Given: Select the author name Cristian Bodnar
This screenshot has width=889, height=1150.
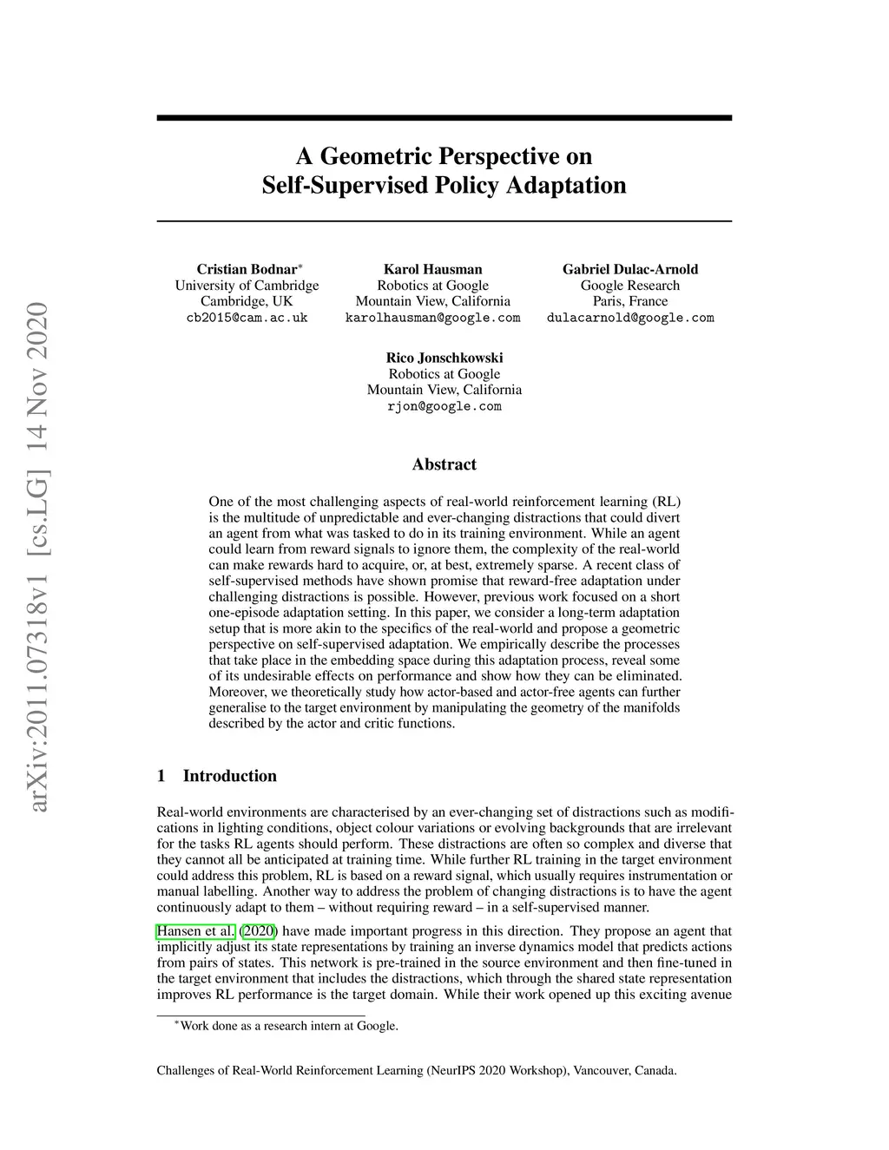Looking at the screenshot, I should tap(247, 269).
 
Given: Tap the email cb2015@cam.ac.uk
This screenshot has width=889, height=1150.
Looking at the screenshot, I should tap(247, 318).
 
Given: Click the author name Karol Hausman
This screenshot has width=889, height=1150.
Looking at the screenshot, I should tap(432, 269).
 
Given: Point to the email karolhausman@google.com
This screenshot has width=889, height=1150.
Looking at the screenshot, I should tap(432, 318).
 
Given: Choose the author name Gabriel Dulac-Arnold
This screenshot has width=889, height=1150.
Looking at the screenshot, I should tap(630, 269).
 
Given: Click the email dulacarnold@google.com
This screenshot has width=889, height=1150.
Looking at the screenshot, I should tap(630, 318).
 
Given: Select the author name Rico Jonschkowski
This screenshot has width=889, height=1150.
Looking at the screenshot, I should tap(444, 358).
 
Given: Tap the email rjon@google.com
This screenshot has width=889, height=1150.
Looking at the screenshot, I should tap(444, 406).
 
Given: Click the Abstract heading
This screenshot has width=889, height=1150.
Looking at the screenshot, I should tap(444, 464).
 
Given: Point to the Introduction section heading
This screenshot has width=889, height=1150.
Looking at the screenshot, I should tap(229, 776).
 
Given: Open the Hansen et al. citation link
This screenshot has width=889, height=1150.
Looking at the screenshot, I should tap(195, 931).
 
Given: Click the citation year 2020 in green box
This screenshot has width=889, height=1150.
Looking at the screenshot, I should tap(259, 931).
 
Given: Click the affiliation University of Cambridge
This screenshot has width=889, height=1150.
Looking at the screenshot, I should tap(247, 286).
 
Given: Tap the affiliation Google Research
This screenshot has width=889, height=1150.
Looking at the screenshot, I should tap(630, 286).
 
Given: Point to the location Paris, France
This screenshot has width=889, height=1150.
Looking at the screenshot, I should tap(630, 301).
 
